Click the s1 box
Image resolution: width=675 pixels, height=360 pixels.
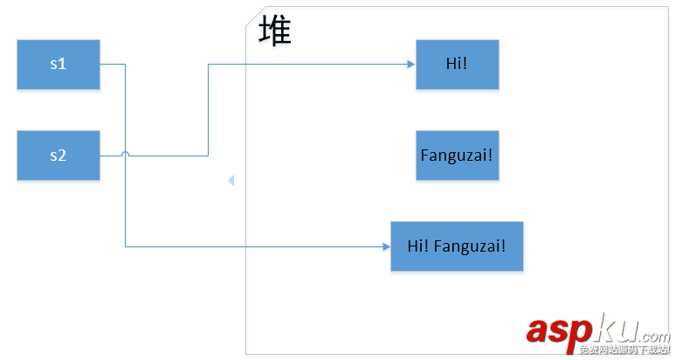pos(58,64)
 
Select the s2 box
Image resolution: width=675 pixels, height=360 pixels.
pos(58,156)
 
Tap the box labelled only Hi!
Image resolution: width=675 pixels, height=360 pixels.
pos(457,64)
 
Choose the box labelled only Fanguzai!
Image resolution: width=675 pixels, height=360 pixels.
pos(457,156)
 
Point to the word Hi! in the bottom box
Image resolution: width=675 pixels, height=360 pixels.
pos(417,246)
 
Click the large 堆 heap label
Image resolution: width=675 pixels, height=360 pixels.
pos(275,32)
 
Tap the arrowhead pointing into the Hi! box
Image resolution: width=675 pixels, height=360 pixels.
pos(410,64)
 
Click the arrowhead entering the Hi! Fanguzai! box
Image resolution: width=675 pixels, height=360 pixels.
pos(386,247)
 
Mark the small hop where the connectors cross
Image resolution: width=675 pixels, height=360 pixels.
pos(126,155)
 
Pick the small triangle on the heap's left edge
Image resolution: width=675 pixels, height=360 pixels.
pos(231,181)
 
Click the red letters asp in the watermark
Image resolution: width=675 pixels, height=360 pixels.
pos(559,330)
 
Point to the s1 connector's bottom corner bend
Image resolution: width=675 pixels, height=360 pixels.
pos(126,247)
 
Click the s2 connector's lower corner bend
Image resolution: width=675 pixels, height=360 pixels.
pos(208,156)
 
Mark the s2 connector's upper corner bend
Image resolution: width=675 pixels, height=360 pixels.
pos(208,64)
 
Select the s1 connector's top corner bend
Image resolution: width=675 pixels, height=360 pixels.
pos(126,64)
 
